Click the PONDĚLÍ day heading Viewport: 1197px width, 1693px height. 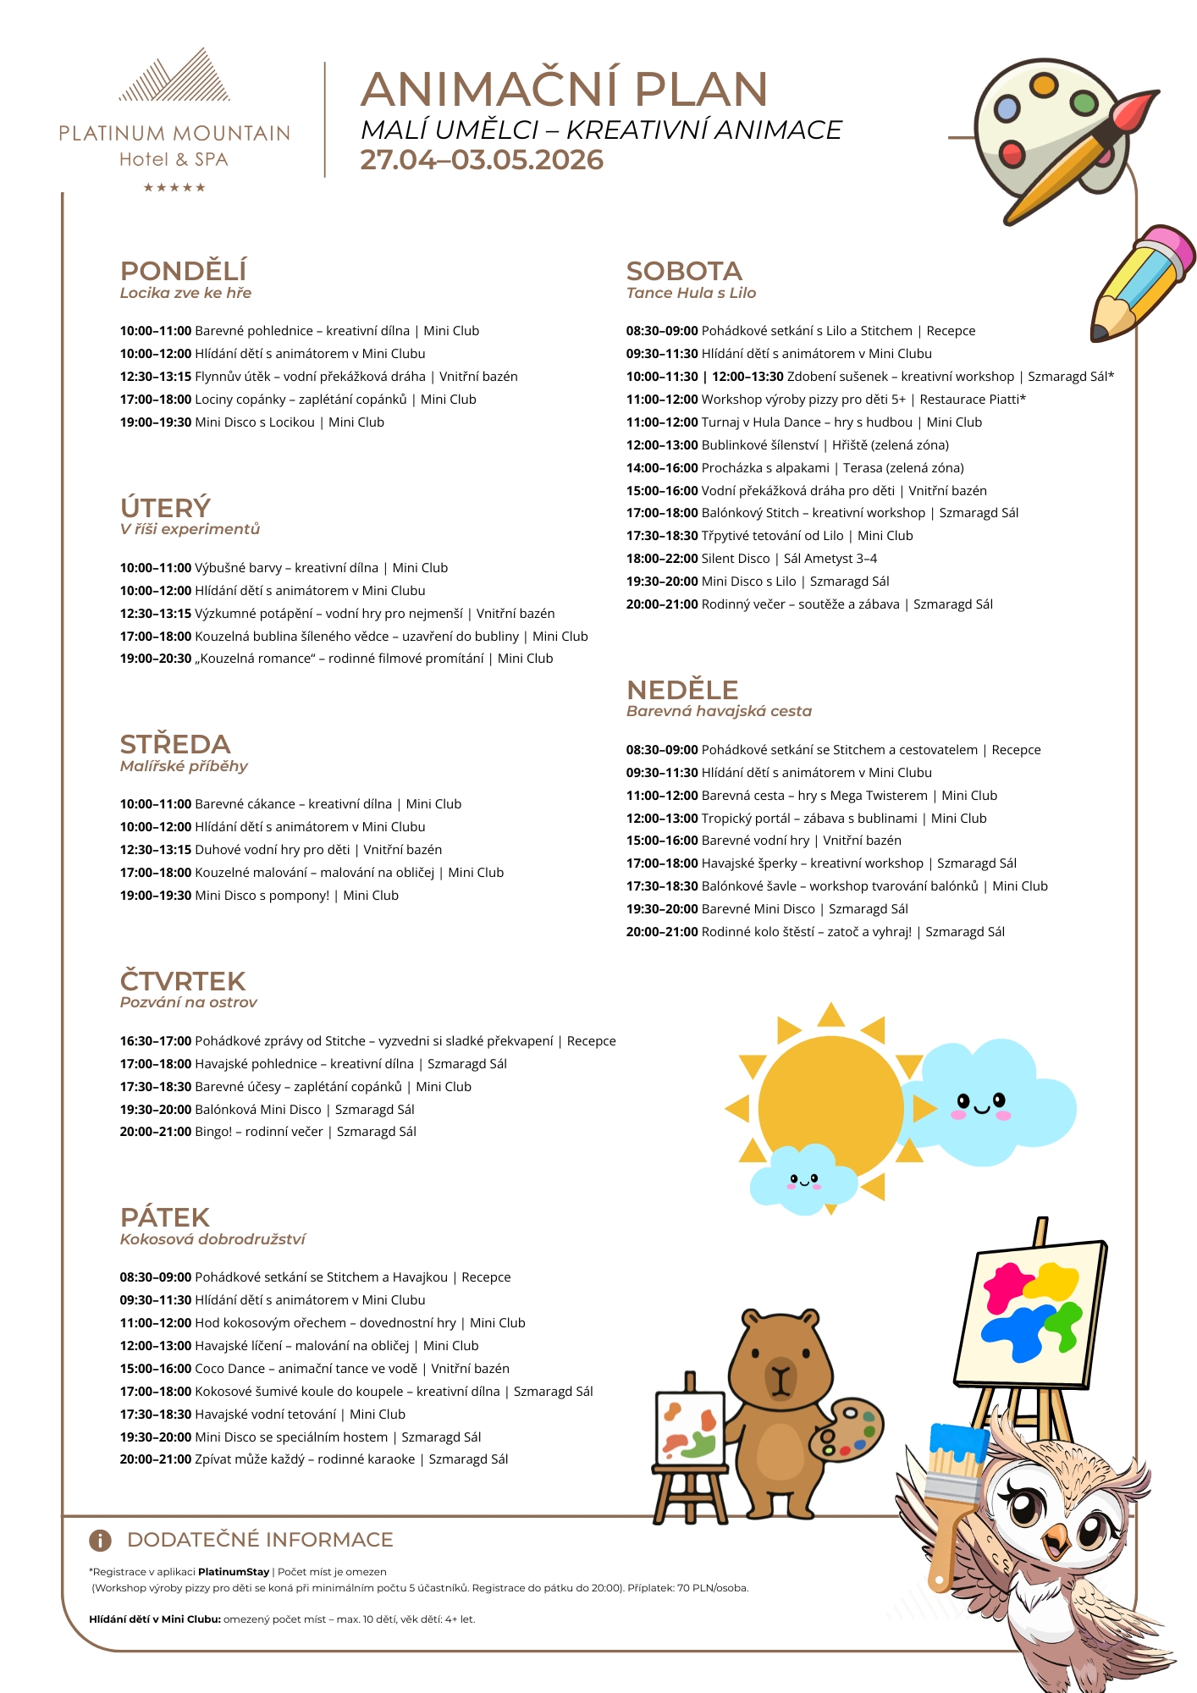click(x=183, y=271)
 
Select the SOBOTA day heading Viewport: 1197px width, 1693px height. click(x=683, y=271)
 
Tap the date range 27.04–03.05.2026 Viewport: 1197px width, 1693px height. click(x=482, y=160)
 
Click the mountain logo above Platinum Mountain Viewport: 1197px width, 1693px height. click(x=174, y=76)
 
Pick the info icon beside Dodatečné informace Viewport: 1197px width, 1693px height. click(x=100, y=1540)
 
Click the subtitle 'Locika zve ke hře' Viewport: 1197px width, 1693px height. click(x=185, y=293)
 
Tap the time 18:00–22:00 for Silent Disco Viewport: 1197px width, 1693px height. click(x=662, y=559)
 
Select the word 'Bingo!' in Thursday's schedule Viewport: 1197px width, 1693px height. click(x=213, y=1132)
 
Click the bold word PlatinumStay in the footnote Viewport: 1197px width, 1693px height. click(x=234, y=1572)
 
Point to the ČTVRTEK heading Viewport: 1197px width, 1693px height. click(x=183, y=981)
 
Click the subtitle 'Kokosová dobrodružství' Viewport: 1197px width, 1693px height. click(x=212, y=1239)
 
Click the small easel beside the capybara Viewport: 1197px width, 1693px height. click(x=690, y=1439)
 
